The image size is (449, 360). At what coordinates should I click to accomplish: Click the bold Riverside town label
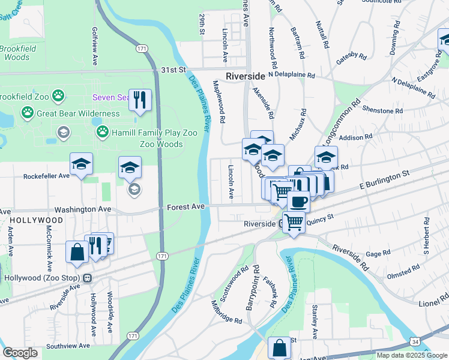(245, 76)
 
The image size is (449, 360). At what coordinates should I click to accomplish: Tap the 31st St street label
(174, 70)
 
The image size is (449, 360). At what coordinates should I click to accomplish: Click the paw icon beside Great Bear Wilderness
(27, 112)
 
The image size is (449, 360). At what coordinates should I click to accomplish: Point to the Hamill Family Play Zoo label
(137, 133)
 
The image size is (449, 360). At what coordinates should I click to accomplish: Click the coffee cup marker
(298, 201)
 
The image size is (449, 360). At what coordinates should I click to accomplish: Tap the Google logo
(20, 353)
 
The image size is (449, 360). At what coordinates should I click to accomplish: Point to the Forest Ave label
(186, 206)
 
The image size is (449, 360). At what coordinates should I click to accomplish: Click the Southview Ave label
(68, 346)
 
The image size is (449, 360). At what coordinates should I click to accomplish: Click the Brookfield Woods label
(17, 53)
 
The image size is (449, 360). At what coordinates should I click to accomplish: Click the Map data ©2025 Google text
(412, 355)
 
